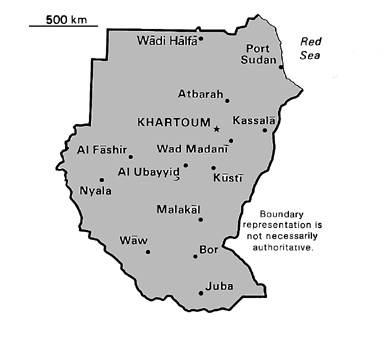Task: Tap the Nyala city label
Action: (97, 188)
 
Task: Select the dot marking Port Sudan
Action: (281, 67)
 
